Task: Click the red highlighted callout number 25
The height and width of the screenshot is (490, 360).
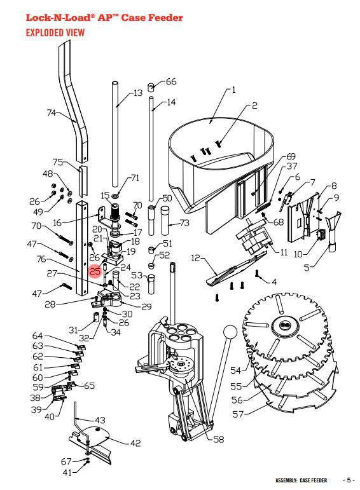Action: pyautogui.click(x=95, y=271)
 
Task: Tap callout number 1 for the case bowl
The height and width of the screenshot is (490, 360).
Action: pyautogui.click(x=233, y=90)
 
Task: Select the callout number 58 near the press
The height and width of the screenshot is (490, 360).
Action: pyautogui.click(x=219, y=439)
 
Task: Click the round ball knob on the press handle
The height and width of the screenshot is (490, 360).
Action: pyautogui.click(x=230, y=332)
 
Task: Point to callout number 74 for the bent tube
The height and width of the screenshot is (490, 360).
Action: pyautogui.click(x=52, y=112)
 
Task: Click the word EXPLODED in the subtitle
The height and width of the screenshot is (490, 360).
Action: pyautogui.click(x=45, y=32)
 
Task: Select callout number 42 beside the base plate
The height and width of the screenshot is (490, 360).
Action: pyautogui.click(x=135, y=443)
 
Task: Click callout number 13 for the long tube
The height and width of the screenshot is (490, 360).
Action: pyautogui.click(x=138, y=93)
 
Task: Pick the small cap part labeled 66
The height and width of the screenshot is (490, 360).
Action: pyautogui.click(x=151, y=87)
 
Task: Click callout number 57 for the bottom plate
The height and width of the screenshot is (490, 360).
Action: pyautogui.click(x=238, y=414)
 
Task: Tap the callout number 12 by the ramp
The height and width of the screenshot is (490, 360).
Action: pyautogui.click(x=195, y=258)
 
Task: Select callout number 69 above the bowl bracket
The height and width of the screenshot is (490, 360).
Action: pyautogui.click(x=291, y=156)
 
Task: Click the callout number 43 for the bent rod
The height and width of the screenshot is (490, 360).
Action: pyautogui.click(x=100, y=419)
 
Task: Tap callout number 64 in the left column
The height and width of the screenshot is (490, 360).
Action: pyautogui.click(x=38, y=336)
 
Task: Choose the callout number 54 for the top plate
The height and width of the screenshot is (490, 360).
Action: pyautogui.click(x=236, y=371)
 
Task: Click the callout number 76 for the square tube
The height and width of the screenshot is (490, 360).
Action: pyautogui.click(x=41, y=259)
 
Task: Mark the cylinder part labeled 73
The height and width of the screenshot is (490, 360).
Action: pyautogui.click(x=165, y=221)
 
